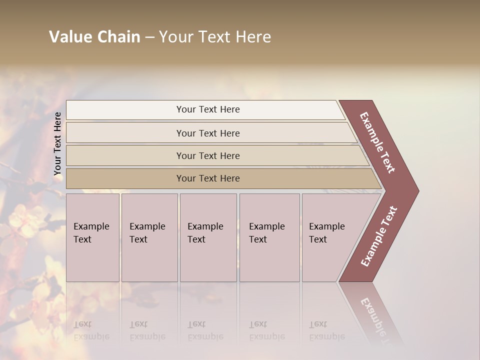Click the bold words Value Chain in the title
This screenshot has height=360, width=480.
tap(94, 37)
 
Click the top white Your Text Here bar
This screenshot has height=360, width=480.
tap(207, 109)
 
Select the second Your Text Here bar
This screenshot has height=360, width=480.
tap(207, 133)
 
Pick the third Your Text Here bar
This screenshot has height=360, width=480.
tap(207, 155)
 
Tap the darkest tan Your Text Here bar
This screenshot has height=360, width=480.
tap(207, 178)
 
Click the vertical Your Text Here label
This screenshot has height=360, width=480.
tap(57, 143)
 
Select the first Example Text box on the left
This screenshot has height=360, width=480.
tap(92, 237)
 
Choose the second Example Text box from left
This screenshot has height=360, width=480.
tap(149, 237)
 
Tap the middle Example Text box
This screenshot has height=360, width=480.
tap(208, 237)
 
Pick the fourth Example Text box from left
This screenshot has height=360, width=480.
tap(269, 237)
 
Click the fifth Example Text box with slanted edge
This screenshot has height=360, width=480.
tap(330, 237)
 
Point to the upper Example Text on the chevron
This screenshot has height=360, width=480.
tap(377, 142)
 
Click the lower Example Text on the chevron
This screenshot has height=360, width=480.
tap(379, 236)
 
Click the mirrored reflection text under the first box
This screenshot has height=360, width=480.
tap(91, 330)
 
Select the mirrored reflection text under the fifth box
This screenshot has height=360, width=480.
tap(327, 330)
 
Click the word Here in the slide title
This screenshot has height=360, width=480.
tap(253, 37)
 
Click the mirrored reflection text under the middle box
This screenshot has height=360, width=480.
tap(205, 330)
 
